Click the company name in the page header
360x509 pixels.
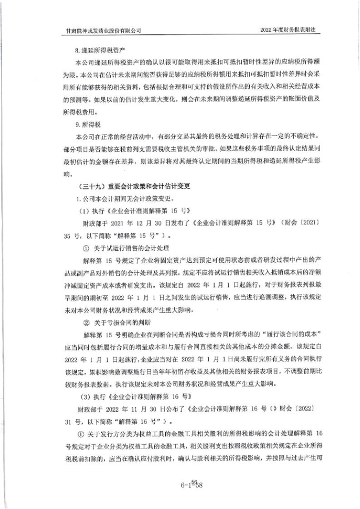tap(104, 29)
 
